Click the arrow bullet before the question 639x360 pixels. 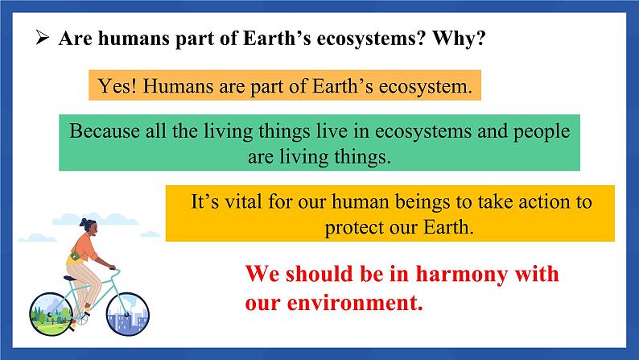point(42,38)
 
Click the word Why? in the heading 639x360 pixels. point(460,38)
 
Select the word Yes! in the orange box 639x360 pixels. point(117,86)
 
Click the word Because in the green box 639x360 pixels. point(105,130)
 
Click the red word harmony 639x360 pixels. point(462,274)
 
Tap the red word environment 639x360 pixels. point(355,303)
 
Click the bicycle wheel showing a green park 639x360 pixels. point(52,313)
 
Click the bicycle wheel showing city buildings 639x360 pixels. point(127,314)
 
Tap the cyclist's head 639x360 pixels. point(89,226)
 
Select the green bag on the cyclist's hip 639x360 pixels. point(76,256)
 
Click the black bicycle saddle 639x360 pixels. point(70,278)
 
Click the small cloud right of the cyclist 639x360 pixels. point(150,234)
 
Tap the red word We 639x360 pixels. point(262,273)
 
